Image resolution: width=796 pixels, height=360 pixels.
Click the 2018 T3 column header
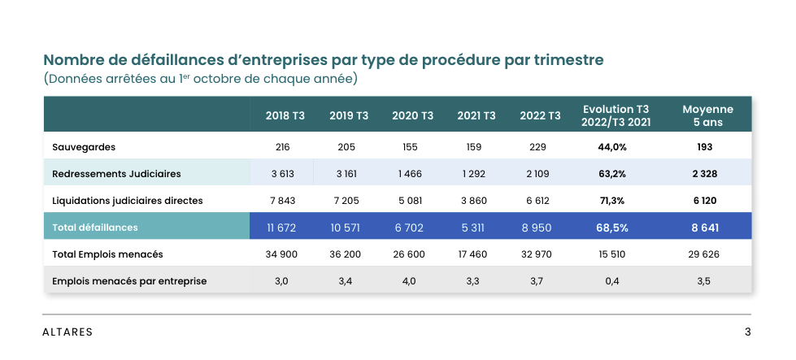[x=285, y=115]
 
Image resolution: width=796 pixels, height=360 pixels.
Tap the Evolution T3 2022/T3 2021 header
[x=615, y=115]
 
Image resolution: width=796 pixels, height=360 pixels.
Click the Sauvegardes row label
[x=84, y=147]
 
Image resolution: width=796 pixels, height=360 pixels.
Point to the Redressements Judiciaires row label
[x=116, y=174]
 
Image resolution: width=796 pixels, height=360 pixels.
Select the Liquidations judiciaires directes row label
[x=127, y=201]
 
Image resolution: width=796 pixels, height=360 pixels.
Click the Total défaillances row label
[x=95, y=228]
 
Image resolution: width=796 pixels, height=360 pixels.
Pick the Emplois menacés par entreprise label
[x=129, y=281]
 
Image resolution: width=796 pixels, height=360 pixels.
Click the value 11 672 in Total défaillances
[x=282, y=228]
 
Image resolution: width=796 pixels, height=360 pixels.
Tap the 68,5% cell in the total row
[x=612, y=228]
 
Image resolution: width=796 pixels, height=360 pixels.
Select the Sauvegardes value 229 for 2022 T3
[x=540, y=147]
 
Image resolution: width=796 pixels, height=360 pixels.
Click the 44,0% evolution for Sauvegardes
[x=612, y=147]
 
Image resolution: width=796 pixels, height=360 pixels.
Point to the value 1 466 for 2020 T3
[x=410, y=174]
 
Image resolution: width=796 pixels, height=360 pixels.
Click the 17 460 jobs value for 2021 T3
[x=472, y=254]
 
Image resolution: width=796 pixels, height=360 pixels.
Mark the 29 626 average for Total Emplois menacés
[x=705, y=254]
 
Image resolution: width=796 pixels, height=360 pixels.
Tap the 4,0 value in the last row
[x=410, y=281]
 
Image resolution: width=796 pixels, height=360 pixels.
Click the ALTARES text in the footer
[x=67, y=332]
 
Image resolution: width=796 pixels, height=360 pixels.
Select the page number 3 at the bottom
[x=747, y=332]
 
